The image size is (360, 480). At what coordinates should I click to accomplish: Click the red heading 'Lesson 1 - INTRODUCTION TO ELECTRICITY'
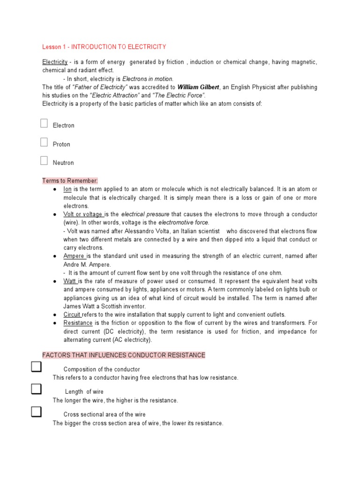(x=104, y=47)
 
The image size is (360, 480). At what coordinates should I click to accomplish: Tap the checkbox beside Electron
(x=44, y=124)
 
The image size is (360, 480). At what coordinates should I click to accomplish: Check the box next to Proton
(x=44, y=142)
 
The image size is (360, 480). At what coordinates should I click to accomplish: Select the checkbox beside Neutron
(x=44, y=161)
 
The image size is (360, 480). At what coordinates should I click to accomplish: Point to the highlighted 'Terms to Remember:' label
(x=70, y=180)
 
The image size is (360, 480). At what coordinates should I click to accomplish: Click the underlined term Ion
(x=67, y=189)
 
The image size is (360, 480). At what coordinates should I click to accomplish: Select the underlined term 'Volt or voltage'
(x=83, y=214)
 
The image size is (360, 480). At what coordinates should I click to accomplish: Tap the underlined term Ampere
(x=74, y=256)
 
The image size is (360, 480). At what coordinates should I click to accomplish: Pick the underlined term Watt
(x=70, y=281)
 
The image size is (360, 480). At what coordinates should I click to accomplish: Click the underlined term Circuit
(x=73, y=315)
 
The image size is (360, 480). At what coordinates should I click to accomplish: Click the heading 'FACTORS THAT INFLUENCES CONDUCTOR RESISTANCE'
(x=124, y=355)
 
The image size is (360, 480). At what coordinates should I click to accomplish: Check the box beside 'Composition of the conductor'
(x=36, y=367)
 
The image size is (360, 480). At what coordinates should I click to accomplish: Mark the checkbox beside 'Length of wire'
(x=36, y=389)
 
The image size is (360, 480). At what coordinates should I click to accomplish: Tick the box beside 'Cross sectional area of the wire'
(x=36, y=412)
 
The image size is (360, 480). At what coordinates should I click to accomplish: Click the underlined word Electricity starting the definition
(x=55, y=62)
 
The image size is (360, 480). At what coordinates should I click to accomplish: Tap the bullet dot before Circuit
(x=55, y=315)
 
